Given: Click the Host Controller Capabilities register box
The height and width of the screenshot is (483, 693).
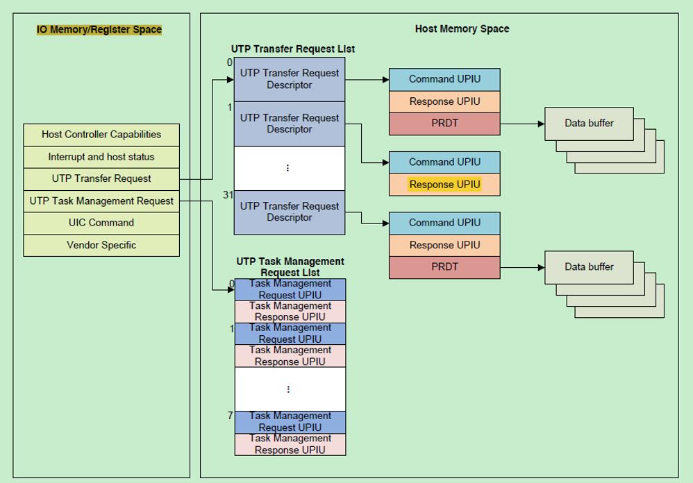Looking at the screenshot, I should [x=101, y=135].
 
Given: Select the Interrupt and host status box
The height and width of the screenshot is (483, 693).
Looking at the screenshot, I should [x=101, y=157].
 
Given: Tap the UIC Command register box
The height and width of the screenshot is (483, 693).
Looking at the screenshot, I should [x=101, y=223].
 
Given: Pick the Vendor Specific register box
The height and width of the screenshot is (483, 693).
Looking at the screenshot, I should [x=101, y=245].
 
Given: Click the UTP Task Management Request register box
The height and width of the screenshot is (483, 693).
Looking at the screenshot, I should [x=101, y=201].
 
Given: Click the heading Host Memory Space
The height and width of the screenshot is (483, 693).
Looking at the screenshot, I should [x=462, y=29].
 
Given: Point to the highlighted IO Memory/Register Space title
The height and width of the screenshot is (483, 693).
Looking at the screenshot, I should [x=99, y=30].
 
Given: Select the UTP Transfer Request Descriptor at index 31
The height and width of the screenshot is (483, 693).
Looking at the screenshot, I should [x=290, y=212].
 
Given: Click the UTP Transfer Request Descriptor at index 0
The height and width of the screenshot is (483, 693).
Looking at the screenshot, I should [x=290, y=79].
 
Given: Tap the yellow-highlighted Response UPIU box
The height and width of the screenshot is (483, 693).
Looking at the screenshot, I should [x=444, y=185].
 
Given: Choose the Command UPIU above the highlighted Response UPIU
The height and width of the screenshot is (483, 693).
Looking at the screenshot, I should [x=444, y=162].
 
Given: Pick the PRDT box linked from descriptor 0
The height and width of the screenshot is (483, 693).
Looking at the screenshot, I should [x=444, y=124].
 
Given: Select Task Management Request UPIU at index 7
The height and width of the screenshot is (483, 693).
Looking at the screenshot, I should [x=290, y=422].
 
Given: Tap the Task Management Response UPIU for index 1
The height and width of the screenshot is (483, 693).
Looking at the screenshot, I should [x=290, y=356].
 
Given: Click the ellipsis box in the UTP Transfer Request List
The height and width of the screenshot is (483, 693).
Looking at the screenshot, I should [x=290, y=168].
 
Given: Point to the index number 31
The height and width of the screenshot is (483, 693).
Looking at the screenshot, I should [x=228, y=195].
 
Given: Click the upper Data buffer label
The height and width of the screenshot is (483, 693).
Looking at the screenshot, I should [x=589, y=124].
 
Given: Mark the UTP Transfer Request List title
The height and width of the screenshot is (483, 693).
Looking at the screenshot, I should [x=293, y=49].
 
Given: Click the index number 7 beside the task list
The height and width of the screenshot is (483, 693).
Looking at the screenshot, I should [x=230, y=416].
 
